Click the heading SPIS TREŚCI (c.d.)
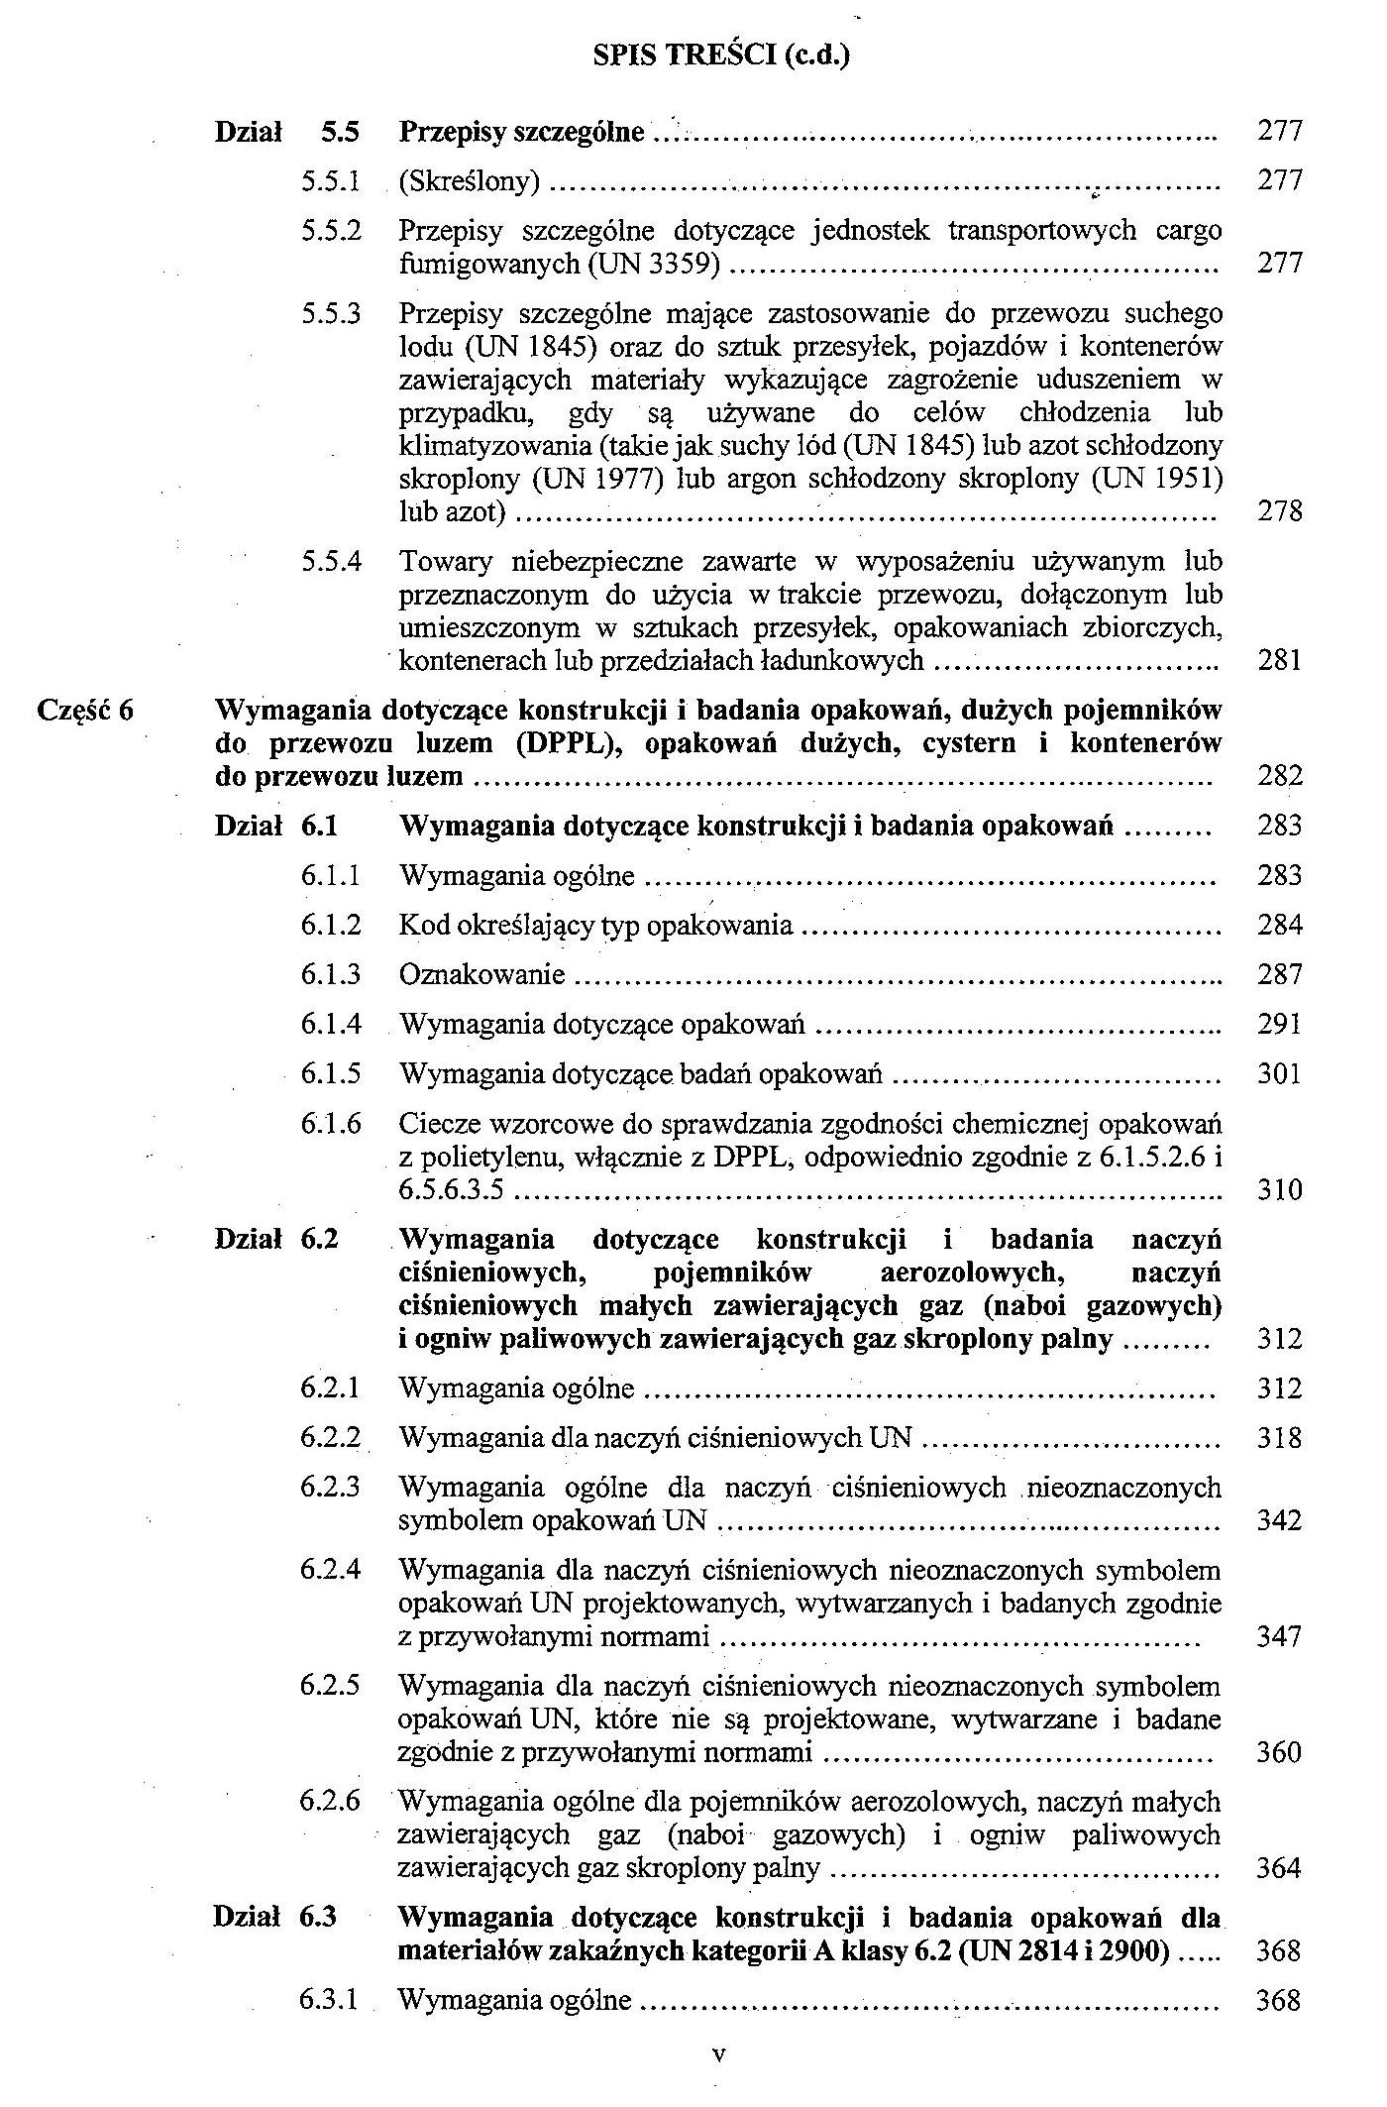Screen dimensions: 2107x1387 coord(721,55)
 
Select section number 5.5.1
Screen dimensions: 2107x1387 coord(331,180)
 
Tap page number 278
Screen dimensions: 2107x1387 coord(1279,511)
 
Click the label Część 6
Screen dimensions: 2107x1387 coord(85,710)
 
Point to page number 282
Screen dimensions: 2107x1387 coord(1279,775)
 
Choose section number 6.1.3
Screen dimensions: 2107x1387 coord(331,974)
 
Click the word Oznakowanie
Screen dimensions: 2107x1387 coord(481,974)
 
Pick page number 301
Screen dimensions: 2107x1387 coord(1279,1073)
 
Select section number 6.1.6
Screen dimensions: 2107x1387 coord(331,1124)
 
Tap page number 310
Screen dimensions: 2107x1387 coord(1279,1189)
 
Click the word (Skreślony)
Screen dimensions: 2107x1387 coord(470,180)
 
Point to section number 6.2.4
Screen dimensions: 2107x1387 coord(331,1570)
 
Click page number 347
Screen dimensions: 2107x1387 coord(1279,1635)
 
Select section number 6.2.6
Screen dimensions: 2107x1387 coord(331,1801)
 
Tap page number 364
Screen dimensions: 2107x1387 coord(1278,1868)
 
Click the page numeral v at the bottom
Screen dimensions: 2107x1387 coord(720,2053)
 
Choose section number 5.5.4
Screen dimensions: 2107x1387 coord(331,562)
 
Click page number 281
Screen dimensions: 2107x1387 coord(1279,660)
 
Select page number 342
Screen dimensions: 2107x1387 coord(1279,1520)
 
